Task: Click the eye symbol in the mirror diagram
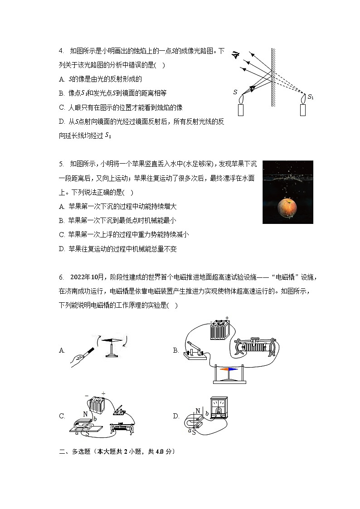click(x=235, y=55)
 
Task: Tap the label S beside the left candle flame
click(x=235, y=92)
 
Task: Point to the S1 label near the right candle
click(x=311, y=97)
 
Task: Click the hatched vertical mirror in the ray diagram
click(x=273, y=77)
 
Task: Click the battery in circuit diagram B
click(x=220, y=330)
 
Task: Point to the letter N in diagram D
click(x=197, y=412)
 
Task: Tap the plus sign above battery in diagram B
click(x=227, y=318)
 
